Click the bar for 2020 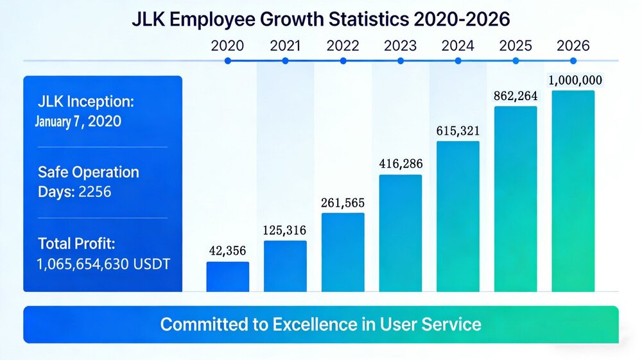[227, 277]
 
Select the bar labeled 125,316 [285, 266]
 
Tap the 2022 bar [343, 252]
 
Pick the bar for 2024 [458, 216]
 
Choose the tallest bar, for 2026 [573, 191]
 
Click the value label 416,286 [401, 164]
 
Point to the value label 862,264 [515, 96]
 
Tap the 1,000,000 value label [575, 80]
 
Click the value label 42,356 [227, 251]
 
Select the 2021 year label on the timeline [285, 46]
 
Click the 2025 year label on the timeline [516, 46]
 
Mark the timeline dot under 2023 [401, 61]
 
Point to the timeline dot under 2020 [227, 61]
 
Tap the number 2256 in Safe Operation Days [94, 191]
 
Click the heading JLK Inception [86, 102]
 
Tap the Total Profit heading [76, 243]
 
